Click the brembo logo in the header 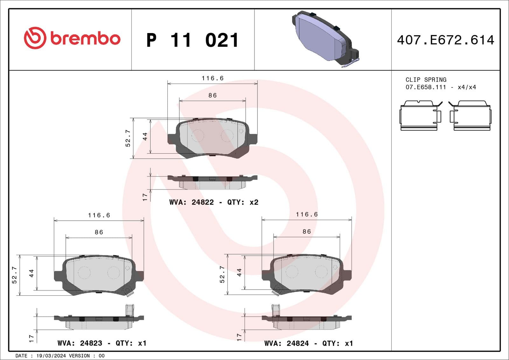point(72,38)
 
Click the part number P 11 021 point(192,40)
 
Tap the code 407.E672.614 point(445,40)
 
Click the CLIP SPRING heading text point(426,80)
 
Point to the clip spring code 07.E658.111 point(426,87)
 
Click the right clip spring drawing point(471,116)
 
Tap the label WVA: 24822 point(192,202)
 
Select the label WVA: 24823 point(80,343)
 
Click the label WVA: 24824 point(286,343)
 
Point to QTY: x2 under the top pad point(242,202)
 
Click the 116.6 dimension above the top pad point(213,78)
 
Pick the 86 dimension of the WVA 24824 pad point(307,232)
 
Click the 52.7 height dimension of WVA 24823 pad point(14,275)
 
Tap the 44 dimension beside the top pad point(145,137)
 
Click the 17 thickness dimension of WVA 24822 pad point(145,197)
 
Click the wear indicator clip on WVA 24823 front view point(129,291)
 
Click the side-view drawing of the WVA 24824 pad point(306,321)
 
